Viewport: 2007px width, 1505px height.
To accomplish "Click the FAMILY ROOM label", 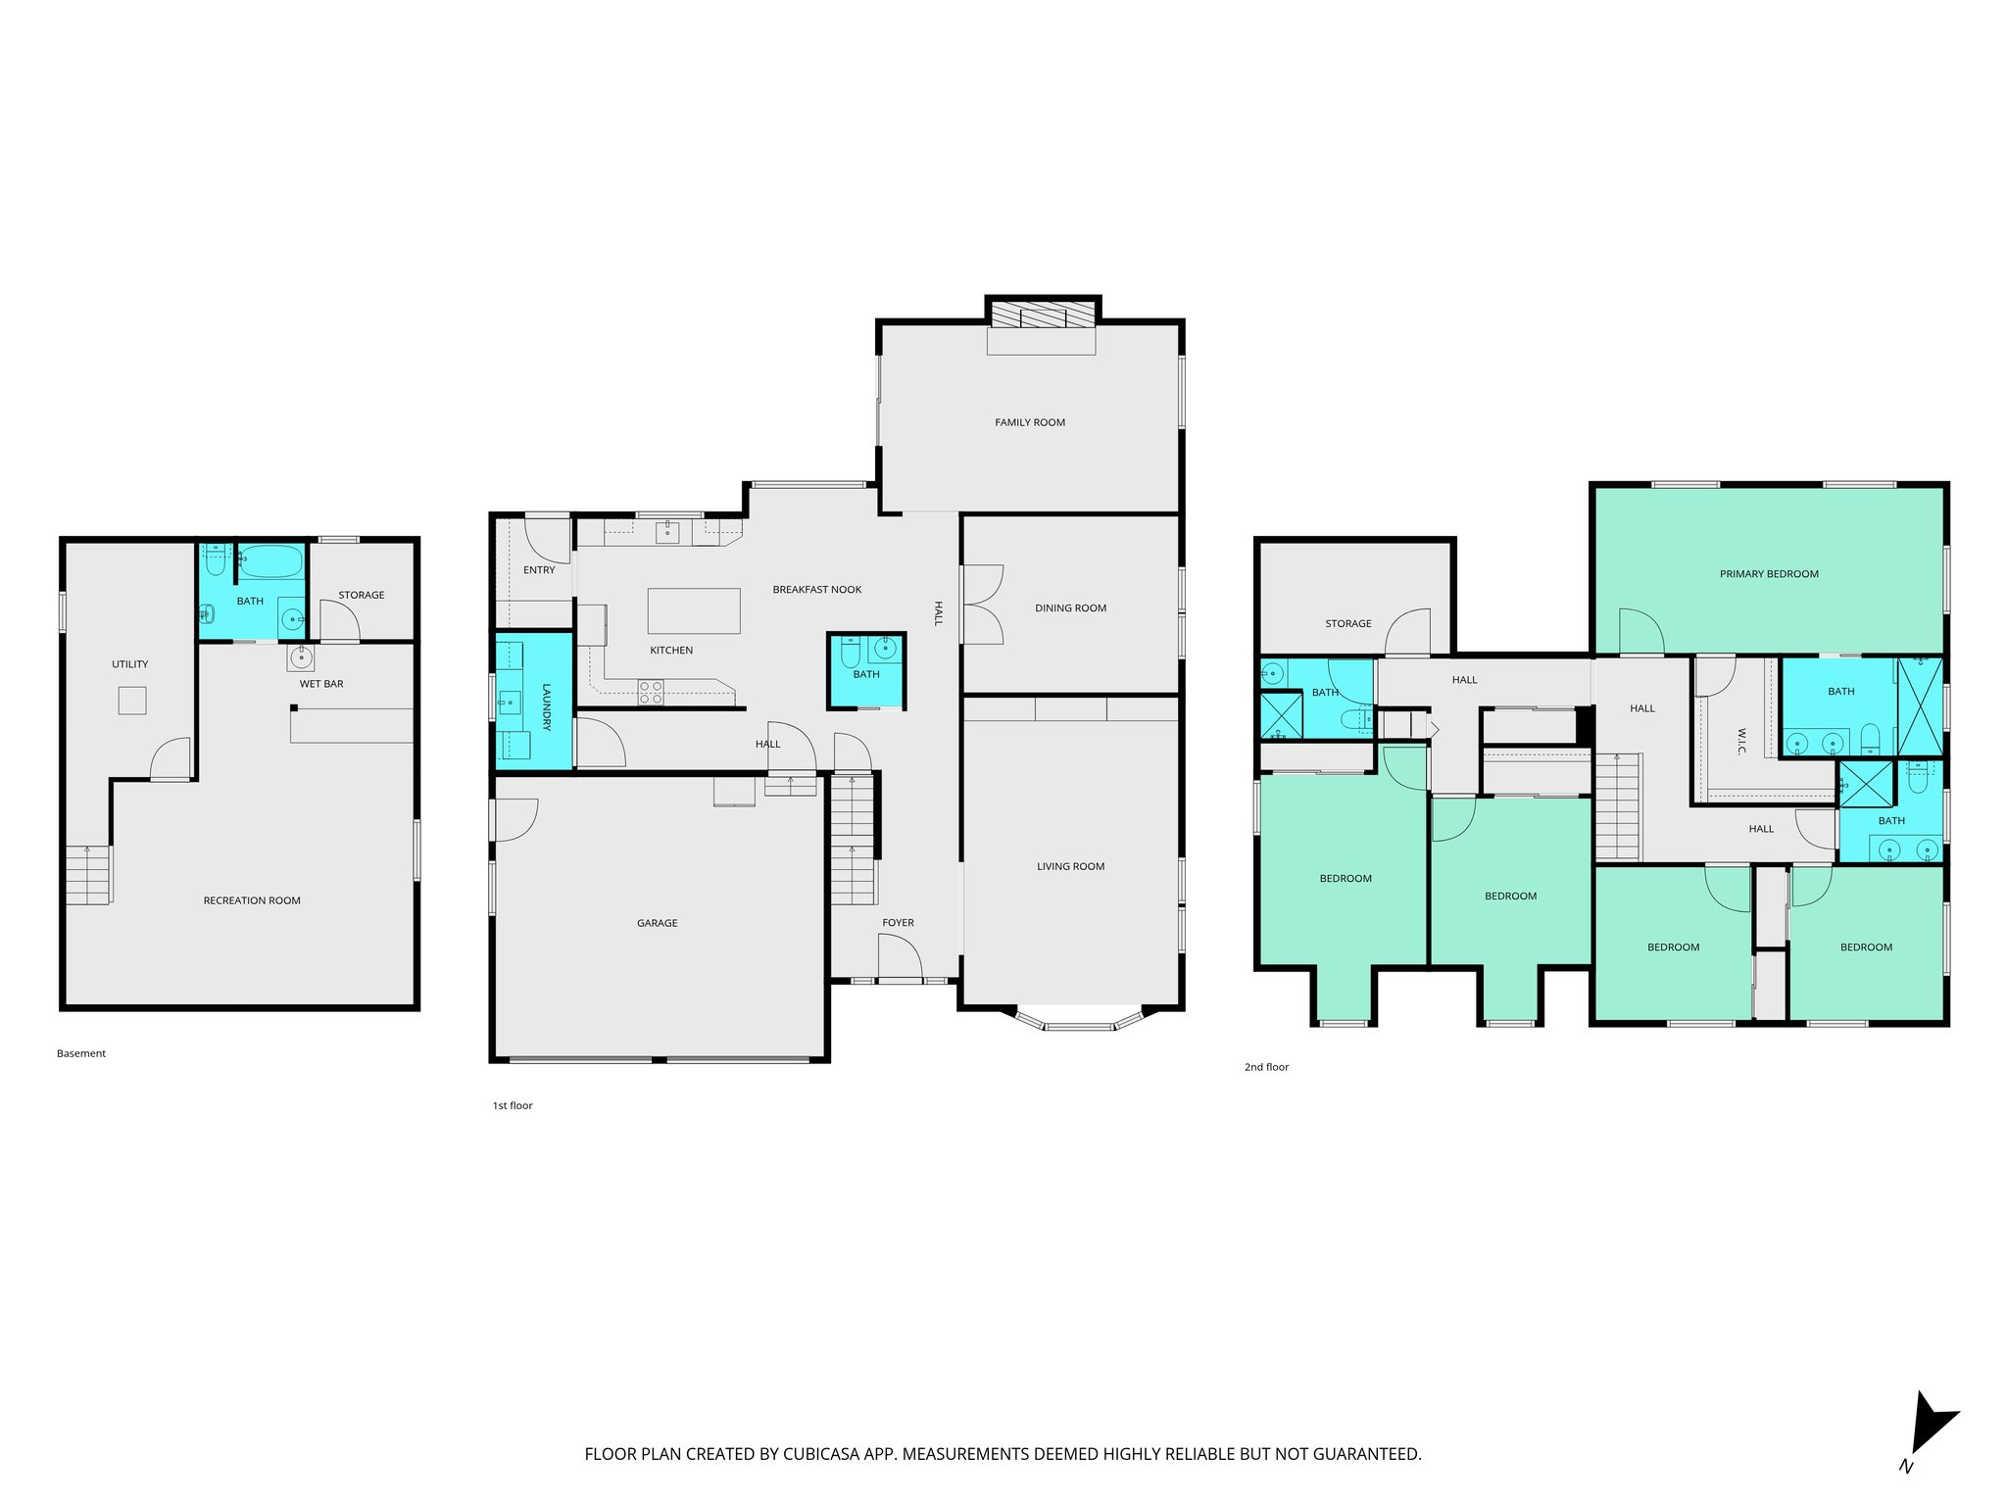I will click(x=1030, y=422).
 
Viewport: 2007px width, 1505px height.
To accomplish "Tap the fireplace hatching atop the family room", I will click(x=1042, y=315).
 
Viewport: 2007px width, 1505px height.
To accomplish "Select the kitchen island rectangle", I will click(x=694, y=610).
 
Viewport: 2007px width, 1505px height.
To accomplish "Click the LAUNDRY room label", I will click(x=547, y=706).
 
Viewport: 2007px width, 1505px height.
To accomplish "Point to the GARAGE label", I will click(x=657, y=923).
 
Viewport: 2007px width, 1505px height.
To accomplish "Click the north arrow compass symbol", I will click(x=1930, y=1436).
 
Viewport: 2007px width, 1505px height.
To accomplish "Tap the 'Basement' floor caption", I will click(x=81, y=1053).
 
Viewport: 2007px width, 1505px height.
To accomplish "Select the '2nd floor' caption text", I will click(x=1266, y=1067).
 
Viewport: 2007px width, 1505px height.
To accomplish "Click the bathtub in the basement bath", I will click(x=270, y=562).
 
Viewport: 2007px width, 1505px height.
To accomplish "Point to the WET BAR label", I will click(x=321, y=684).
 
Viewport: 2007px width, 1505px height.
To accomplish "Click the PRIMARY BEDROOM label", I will click(x=1769, y=574).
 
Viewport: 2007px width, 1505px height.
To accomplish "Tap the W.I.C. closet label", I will click(x=1740, y=741).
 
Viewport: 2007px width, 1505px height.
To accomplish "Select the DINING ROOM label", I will click(x=1070, y=607).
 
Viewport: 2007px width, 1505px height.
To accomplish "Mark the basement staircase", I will click(x=88, y=875).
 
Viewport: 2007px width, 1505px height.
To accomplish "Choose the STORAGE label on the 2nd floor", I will click(x=1348, y=623).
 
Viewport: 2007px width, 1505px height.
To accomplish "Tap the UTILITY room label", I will click(x=130, y=664).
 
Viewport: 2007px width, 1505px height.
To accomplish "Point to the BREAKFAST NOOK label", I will click(x=817, y=590).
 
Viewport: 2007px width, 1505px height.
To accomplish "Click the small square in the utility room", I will click(x=132, y=701).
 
